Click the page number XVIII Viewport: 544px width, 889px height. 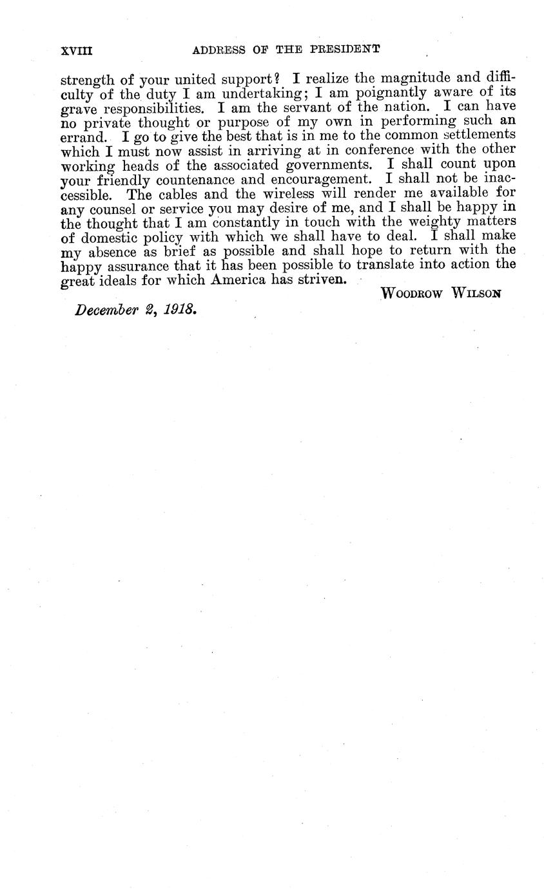(x=75, y=49)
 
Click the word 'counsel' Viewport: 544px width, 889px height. (x=105, y=207)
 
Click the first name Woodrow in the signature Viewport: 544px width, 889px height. (x=412, y=294)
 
